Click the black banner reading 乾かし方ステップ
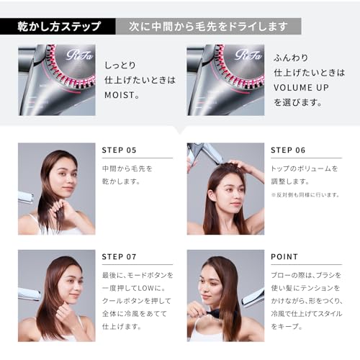click(58, 27)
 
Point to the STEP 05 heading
click(120, 150)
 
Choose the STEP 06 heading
click(288, 150)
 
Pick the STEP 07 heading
click(120, 256)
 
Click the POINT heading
click(284, 256)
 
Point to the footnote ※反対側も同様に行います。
click(306, 194)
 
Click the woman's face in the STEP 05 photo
click(63, 176)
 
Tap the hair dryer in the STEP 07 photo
click(27, 293)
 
